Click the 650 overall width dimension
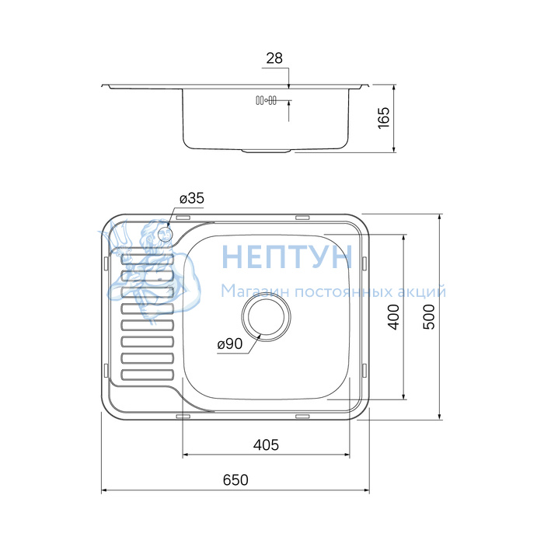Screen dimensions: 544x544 [x=235, y=480]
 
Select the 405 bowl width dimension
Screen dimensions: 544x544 [x=266, y=445]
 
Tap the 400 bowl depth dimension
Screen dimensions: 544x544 [x=394, y=317]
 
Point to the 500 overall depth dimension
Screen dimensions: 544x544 [x=429, y=317]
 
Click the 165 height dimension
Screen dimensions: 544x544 [x=384, y=118]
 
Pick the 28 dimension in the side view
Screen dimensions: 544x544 [x=274, y=58]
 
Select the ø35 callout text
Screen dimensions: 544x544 [x=192, y=198]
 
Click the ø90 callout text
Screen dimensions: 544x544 [x=230, y=343]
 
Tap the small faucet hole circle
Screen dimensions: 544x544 [x=164, y=234]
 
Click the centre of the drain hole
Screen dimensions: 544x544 [x=266, y=316]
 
